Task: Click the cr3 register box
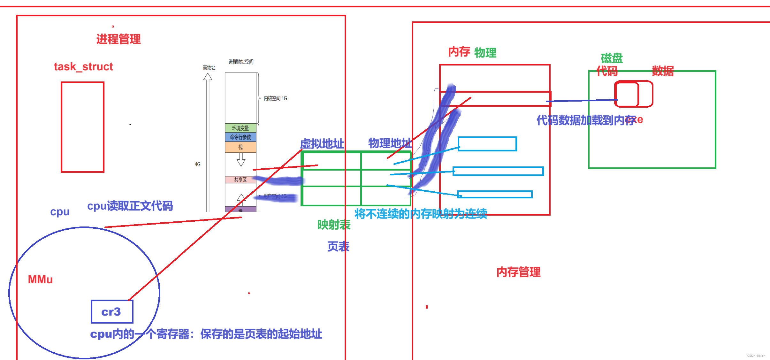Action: point(112,311)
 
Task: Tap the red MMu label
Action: point(40,280)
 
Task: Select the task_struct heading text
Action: point(83,67)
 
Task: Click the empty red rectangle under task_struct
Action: point(82,127)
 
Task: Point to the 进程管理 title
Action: point(118,39)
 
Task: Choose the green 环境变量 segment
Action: point(240,128)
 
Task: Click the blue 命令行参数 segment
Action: point(240,137)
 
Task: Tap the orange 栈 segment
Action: point(240,147)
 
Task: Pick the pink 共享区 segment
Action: point(240,180)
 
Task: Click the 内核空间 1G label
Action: point(275,98)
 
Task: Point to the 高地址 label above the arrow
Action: point(209,67)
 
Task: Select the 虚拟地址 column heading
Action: point(322,144)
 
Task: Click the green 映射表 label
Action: point(334,225)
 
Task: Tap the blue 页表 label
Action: point(338,246)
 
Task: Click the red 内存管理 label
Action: point(518,272)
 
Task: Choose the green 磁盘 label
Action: point(612,58)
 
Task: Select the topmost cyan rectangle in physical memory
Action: point(487,144)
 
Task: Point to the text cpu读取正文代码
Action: point(130,206)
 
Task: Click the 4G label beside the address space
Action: point(198,164)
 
